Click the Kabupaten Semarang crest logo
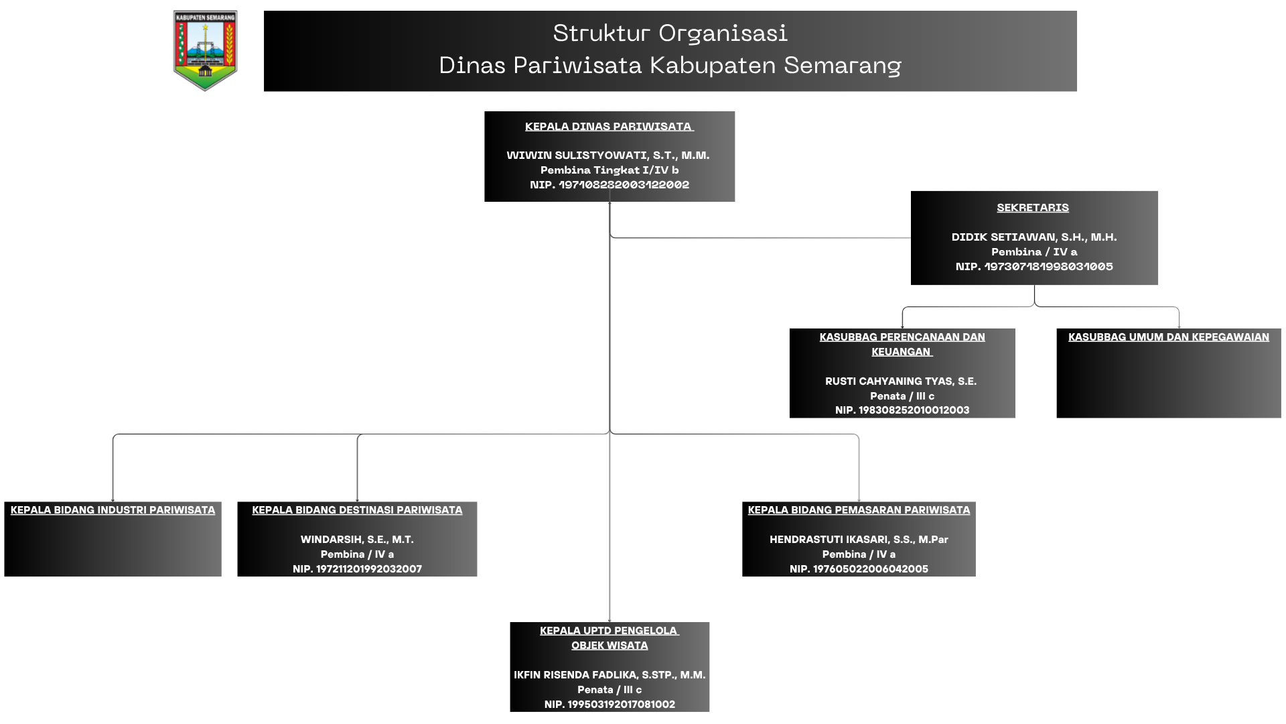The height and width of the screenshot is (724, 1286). (205, 50)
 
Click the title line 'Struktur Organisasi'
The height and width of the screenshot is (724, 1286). (670, 33)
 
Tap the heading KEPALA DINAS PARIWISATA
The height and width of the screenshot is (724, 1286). (609, 127)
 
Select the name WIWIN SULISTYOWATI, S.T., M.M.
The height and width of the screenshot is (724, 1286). (608, 156)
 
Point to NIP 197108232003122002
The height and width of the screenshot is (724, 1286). (610, 185)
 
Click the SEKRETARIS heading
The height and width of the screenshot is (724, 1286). (1033, 208)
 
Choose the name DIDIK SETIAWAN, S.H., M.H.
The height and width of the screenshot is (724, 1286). (1034, 237)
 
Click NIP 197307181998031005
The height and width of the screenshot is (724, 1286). (1034, 267)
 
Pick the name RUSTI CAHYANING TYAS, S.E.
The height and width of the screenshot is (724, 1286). (901, 381)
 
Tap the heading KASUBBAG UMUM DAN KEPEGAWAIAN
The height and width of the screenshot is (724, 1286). (1169, 337)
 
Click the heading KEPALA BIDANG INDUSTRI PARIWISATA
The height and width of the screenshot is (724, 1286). (113, 510)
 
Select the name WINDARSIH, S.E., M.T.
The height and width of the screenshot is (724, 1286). (357, 540)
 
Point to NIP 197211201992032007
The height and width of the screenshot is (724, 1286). (357, 569)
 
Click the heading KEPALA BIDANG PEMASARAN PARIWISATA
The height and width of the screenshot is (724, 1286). (859, 510)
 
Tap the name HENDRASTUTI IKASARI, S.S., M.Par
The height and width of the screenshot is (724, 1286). (859, 540)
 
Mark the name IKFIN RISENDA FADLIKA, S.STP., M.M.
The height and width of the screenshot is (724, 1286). (610, 675)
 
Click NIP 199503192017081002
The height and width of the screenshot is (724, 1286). (610, 705)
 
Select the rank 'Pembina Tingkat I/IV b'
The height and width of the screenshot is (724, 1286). (610, 170)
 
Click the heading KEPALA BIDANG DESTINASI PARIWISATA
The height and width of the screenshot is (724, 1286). (357, 510)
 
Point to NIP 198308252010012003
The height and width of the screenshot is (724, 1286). (902, 410)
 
